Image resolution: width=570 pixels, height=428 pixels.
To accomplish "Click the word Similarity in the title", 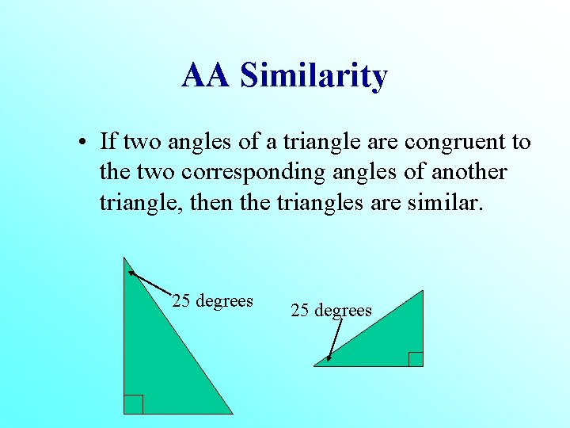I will (x=313, y=76).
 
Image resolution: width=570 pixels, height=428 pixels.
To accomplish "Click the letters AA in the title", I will (x=206, y=76).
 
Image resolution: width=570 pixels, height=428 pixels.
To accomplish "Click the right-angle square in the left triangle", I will (x=133, y=404).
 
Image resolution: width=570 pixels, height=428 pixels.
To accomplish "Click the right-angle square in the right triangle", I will (x=416, y=359).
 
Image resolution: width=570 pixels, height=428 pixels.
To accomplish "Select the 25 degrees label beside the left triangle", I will (x=212, y=301).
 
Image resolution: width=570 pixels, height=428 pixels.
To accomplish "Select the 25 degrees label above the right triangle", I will (x=331, y=310).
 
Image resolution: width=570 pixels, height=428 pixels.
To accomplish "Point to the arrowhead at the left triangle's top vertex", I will (x=131, y=273).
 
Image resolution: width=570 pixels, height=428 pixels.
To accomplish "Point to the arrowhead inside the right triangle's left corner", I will (x=329, y=358).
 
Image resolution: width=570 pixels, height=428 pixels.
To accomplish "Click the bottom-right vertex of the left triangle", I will (x=232, y=413).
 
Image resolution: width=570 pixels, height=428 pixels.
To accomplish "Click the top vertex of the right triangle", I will (x=423, y=292).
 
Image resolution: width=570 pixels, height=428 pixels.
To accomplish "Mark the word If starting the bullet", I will (x=108, y=142).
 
